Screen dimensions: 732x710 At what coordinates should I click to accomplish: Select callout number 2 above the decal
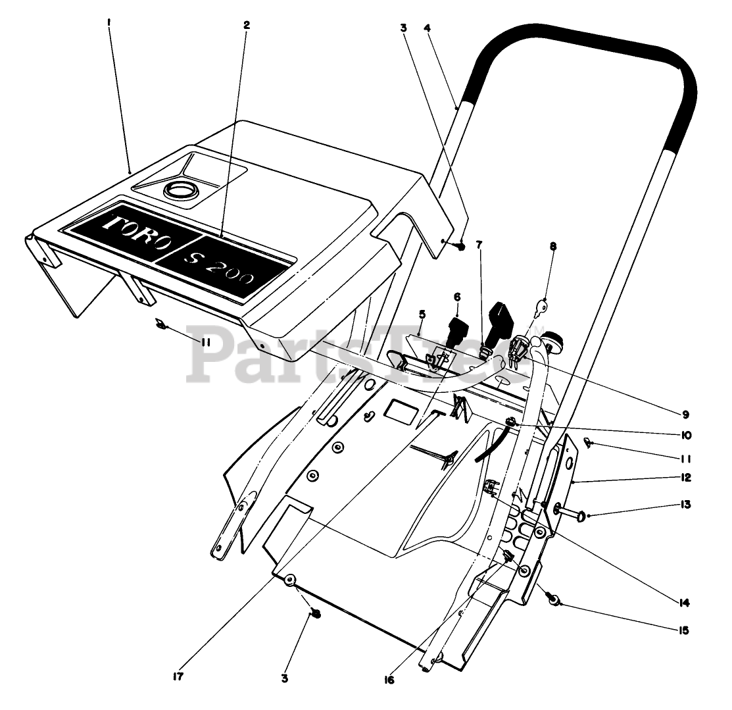[x=247, y=25]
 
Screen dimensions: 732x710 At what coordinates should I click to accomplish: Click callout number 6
[x=456, y=297]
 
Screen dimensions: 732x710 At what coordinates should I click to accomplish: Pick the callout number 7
[x=479, y=244]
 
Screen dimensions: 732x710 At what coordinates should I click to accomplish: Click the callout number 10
[x=687, y=436]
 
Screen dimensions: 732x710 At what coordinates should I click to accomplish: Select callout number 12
[x=687, y=477]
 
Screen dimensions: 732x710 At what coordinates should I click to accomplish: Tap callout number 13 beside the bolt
[x=687, y=505]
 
